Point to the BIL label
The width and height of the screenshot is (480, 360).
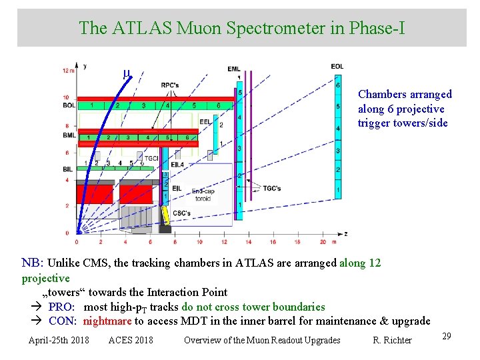click(67, 169)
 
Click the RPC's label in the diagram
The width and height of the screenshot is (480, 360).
click(170, 85)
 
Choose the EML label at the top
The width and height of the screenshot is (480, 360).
click(234, 69)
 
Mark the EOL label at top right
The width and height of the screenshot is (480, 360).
click(337, 66)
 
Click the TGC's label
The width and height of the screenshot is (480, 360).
click(271, 187)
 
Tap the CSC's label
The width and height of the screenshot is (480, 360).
click(181, 213)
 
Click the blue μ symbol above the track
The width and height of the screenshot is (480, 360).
click(126, 73)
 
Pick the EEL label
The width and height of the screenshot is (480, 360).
click(205, 121)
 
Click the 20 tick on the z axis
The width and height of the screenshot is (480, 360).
click(323, 242)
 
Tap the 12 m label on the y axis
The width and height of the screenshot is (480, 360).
click(68, 70)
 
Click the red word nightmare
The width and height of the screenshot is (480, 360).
click(107, 321)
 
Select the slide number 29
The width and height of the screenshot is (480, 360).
click(447, 336)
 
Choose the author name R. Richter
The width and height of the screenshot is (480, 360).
click(392, 340)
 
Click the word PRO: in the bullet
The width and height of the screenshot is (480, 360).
click(61, 307)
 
